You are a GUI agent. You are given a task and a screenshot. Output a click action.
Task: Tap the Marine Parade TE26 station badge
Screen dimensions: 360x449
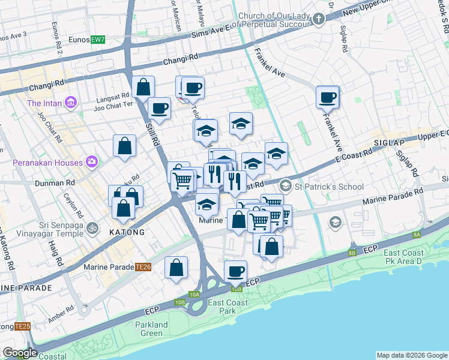click(x=143, y=267)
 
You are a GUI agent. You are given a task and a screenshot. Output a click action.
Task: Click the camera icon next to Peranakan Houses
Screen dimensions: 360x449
click(x=91, y=161)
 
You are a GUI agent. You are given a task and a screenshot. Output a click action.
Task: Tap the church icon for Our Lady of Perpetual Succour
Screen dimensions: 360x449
click(x=318, y=19)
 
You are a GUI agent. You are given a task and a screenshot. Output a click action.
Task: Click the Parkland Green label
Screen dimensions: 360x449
click(x=151, y=329)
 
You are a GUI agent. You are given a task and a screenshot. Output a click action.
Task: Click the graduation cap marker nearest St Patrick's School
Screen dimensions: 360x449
click(x=276, y=154)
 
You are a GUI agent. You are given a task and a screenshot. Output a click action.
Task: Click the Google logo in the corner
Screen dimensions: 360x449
click(x=19, y=353)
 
